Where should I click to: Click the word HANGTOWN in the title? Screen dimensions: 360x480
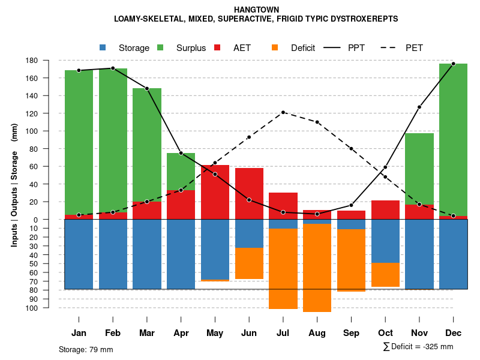click(x=256, y=10)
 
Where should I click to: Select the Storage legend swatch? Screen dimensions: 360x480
click(x=103, y=47)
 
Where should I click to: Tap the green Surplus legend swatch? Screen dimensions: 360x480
click(x=160, y=47)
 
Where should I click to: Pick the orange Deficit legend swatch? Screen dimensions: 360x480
click(x=275, y=47)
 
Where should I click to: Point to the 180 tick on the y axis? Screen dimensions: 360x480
click(x=49, y=61)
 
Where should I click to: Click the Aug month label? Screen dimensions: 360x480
click(x=317, y=332)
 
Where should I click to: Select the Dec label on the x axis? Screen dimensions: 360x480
click(x=454, y=332)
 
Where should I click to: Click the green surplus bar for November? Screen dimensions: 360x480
click(x=419, y=169)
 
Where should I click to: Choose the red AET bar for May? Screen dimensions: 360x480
click(x=215, y=192)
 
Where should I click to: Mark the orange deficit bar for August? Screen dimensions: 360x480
click(x=317, y=268)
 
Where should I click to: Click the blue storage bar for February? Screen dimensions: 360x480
click(x=113, y=254)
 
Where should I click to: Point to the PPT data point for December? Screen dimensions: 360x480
click(x=454, y=64)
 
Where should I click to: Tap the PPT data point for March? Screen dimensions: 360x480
click(x=147, y=88)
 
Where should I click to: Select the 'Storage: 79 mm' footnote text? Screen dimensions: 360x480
click(x=86, y=349)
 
